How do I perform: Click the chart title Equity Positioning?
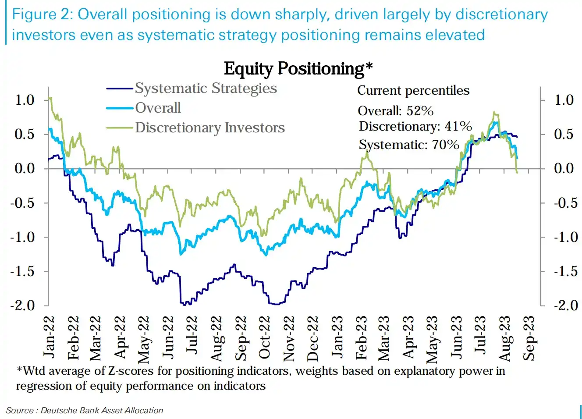click(x=298, y=69)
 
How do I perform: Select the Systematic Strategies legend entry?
click(x=206, y=88)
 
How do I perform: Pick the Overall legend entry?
click(x=158, y=108)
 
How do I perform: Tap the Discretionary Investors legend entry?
click(x=209, y=128)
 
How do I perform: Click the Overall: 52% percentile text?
click(x=395, y=110)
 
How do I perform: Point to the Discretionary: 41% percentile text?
click(x=415, y=127)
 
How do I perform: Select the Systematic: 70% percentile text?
click(x=408, y=145)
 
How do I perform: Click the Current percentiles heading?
click(x=413, y=91)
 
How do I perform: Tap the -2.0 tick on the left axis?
click(x=22, y=305)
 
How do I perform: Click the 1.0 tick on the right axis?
click(x=564, y=100)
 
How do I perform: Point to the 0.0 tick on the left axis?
click(x=25, y=168)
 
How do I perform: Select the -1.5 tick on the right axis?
click(x=566, y=271)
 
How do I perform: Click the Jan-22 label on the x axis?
click(x=49, y=337)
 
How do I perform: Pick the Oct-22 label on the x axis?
click(x=265, y=337)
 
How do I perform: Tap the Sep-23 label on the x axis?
click(x=529, y=338)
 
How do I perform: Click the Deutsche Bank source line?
click(x=84, y=410)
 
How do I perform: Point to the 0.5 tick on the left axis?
click(x=25, y=134)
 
